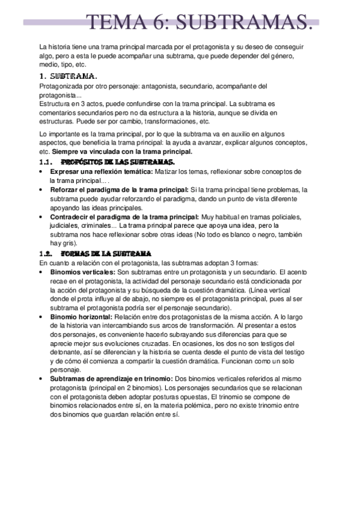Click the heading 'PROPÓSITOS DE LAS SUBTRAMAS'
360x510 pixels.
click(118, 162)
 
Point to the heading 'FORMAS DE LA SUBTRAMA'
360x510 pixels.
click(106, 254)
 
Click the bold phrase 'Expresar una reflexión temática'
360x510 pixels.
click(99, 171)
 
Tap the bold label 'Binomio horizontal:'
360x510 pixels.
click(81, 316)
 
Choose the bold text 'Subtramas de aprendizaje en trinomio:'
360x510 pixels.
click(111, 378)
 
